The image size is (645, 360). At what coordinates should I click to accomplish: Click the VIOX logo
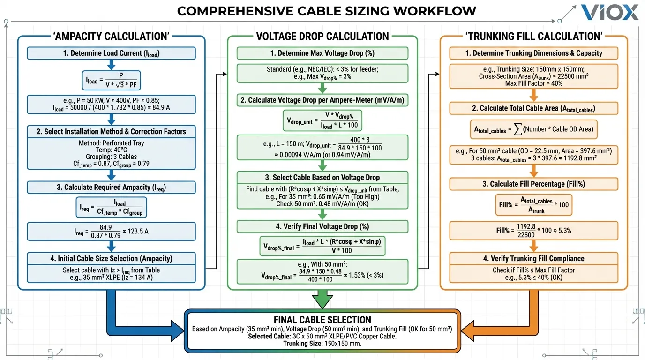(x=609, y=13)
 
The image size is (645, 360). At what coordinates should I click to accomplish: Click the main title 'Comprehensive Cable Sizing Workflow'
(x=326, y=11)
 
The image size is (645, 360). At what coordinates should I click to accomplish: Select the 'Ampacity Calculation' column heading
(x=112, y=37)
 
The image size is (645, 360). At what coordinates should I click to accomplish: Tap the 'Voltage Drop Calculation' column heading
(x=322, y=37)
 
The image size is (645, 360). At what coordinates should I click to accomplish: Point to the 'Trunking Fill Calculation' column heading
(x=534, y=37)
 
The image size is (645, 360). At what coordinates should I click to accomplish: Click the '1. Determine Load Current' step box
(x=111, y=53)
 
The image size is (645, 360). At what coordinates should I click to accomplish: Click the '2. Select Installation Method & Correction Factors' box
(x=111, y=132)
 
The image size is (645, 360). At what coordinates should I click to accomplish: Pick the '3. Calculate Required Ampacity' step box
(x=111, y=187)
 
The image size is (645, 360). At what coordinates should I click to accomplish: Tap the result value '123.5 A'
(x=141, y=231)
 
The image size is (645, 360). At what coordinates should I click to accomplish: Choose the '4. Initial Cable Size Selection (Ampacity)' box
(x=111, y=258)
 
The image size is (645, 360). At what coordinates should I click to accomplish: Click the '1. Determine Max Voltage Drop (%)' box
(x=322, y=53)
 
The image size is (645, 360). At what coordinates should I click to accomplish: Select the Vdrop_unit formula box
(x=322, y=120)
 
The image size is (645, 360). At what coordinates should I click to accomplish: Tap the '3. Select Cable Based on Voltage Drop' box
(x=322, y=178)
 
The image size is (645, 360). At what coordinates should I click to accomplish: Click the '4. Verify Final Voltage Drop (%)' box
(x=322, y=226)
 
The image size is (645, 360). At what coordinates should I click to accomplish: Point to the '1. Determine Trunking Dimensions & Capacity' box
(x=534, y=53)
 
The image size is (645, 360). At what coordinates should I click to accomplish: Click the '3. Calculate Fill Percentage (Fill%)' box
(x=534, y=184)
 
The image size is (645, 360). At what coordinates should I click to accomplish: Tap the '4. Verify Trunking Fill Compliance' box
(x=534, y=258)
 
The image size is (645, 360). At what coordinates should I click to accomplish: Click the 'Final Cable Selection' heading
(x=322, y=320)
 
